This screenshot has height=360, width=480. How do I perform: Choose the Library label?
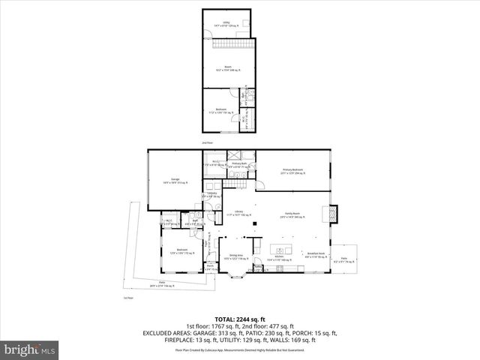[x=239, y=213]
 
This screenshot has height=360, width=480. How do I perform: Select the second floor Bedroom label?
[x=221, y=110]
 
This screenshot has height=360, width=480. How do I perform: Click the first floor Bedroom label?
[x=181, y=250]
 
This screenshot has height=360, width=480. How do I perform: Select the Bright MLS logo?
[x=30, y=349]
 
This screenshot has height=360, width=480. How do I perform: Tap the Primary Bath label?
[x=239, y=165]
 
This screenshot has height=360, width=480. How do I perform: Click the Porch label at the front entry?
[x=211, y=267]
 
